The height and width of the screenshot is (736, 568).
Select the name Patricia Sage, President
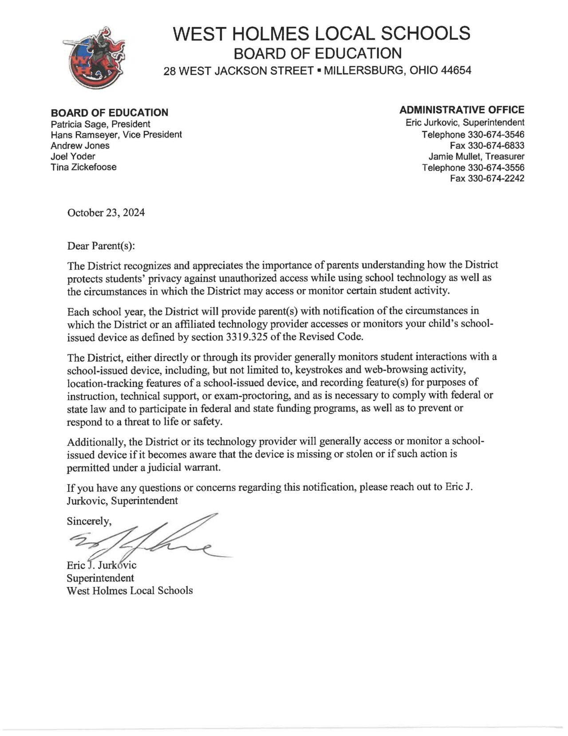click(100, 124)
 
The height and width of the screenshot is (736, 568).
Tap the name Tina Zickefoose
click(83, 167)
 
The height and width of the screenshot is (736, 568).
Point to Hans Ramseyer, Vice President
click(116, 135)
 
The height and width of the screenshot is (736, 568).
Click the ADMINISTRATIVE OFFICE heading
click(461, 110)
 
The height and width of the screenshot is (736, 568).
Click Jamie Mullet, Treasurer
click(476, 156)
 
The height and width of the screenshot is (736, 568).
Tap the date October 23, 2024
click(106, 213)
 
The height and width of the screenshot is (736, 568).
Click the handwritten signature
click(146, 540)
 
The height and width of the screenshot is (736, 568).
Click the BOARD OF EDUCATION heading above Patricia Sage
click(109, 113)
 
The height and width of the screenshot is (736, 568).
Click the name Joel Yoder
click(73, 156)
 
